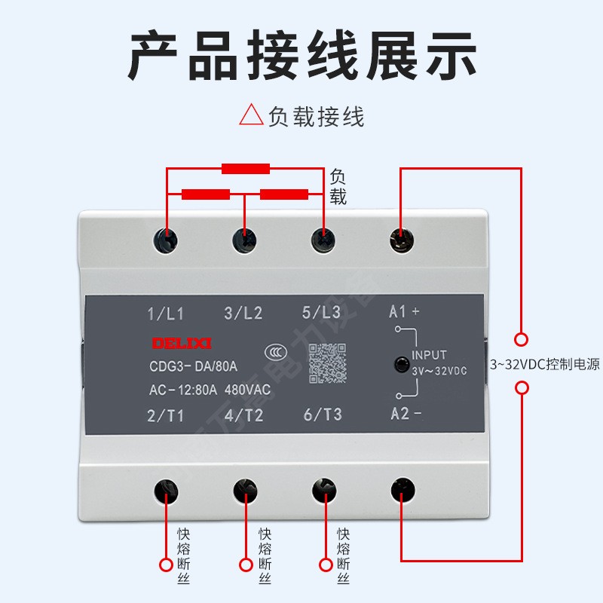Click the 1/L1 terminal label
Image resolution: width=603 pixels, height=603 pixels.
[166, 313]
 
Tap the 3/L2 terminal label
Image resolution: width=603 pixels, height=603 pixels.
[243, 313]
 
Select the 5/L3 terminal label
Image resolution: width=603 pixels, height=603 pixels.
[321, 312]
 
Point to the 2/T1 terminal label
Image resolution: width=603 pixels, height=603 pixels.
[166, 415]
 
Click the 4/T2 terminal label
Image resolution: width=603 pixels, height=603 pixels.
[243, 415]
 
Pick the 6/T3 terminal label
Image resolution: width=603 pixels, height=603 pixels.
[322, 415]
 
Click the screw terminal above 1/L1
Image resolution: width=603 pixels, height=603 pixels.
[166, 241]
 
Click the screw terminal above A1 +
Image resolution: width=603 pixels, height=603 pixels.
[400, 241]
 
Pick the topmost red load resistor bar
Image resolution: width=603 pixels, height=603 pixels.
[245, 169]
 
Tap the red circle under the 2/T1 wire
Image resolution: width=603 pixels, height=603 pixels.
[166, 565]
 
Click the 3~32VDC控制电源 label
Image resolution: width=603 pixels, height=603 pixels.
[545, 365]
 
